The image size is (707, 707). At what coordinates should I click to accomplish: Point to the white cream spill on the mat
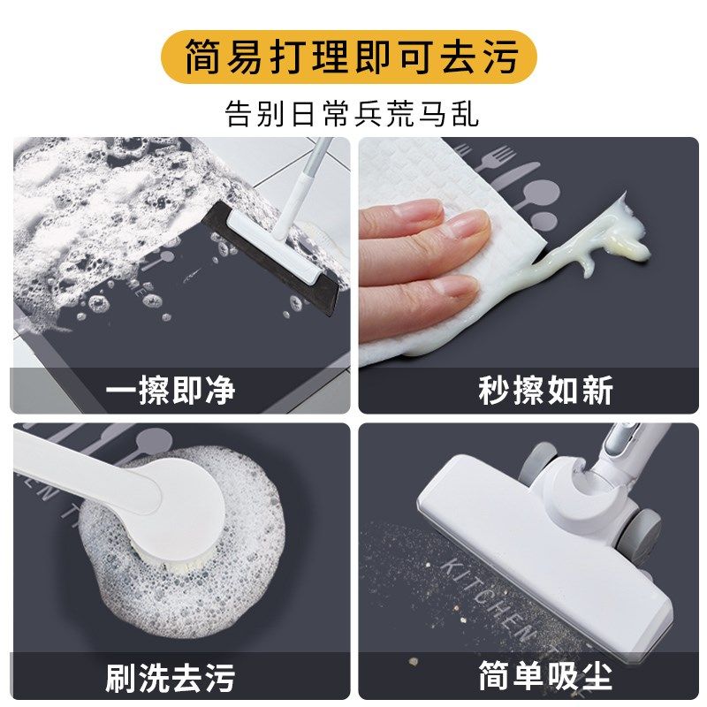pos(610,234)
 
